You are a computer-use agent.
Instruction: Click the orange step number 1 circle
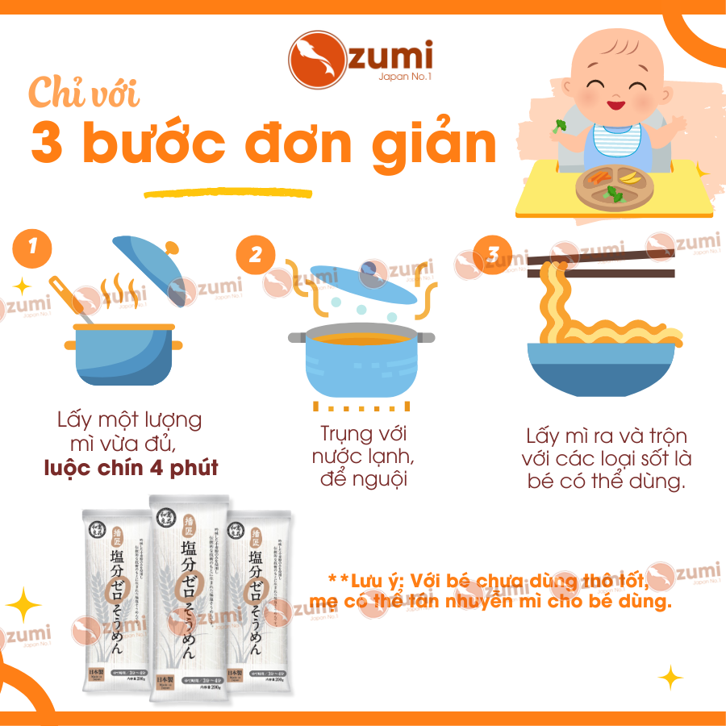click(x=31, y=248)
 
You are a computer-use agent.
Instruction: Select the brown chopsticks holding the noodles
click(x=601, y=266)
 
